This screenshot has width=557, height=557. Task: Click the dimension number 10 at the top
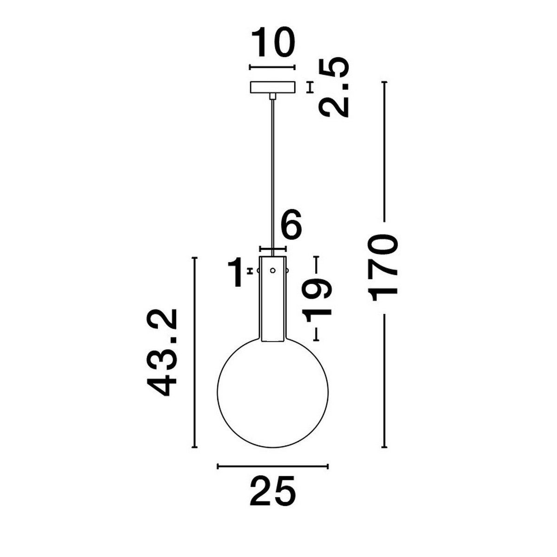click(x=273, y=43)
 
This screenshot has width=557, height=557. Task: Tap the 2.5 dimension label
click(x=334, y=88)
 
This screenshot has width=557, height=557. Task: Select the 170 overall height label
click(x=383, y=268)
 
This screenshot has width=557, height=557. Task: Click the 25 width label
click(x=272, y=491)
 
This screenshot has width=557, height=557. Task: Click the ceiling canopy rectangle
click(x=272, y=87)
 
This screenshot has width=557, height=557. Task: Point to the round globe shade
click(x=273, y=392)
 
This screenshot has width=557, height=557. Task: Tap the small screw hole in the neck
click(x=273, y=271)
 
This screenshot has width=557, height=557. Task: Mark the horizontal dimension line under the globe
click(x=273, y=466)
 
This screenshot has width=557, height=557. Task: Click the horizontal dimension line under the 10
click(x=272, y=67)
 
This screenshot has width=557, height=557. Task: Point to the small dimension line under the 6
click(x=273, y=249)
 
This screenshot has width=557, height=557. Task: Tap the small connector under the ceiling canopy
click(x=273, y=96)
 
